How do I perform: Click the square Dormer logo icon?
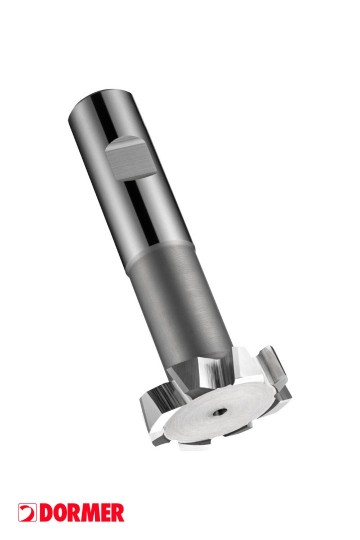[27, 512]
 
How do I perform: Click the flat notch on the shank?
[130, 158]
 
